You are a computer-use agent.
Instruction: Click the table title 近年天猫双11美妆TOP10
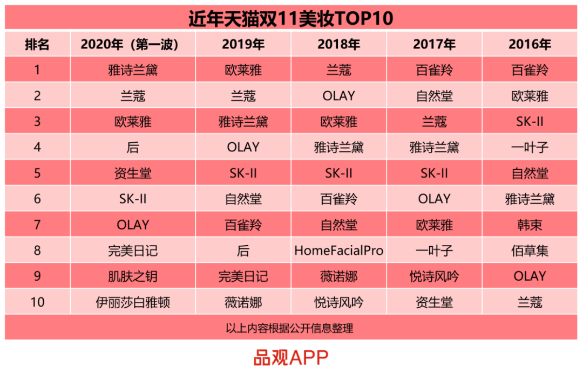tap(291, 18)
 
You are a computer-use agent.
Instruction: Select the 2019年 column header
tap(243, 44)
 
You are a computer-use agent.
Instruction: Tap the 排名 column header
tap(37, 44)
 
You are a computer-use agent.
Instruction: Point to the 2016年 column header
tap(530, 44)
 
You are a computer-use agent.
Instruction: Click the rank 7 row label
tap(37, 225)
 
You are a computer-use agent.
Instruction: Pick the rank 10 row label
tap(37, 302)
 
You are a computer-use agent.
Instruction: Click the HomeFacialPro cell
tap(338, 251)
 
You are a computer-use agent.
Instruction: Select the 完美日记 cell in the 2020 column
tap(133, 251)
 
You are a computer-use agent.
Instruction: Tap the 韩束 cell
tap(530, 225)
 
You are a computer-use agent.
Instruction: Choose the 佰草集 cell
tap(530, 251)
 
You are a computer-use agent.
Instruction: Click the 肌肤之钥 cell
tap(133, 276)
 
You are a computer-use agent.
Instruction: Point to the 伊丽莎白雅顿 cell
tap(133, 302)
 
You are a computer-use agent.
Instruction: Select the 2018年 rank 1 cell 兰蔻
tap(338, 70)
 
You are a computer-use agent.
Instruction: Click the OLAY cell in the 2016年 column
tap(530, 276)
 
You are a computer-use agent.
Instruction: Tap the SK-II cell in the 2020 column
tap(133, 199)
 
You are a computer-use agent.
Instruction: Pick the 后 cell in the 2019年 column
tap(243, 251)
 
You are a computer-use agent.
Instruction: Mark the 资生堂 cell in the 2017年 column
tap(434, 302)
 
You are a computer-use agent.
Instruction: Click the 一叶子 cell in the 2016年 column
tap(530, 148)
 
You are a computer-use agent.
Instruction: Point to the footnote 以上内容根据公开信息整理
tap(289, 328)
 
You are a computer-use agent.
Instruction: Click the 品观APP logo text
tap(291, 358)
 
